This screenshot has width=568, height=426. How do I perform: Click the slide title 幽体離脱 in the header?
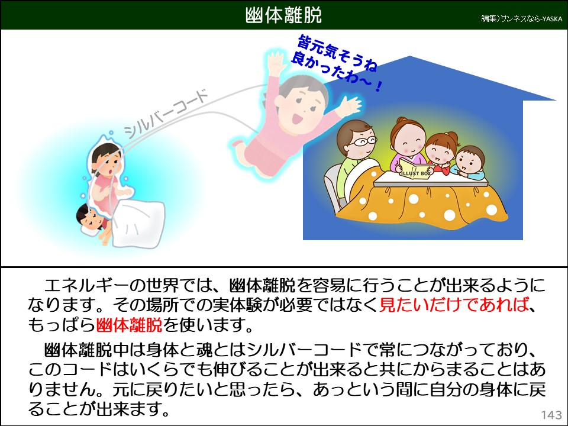[x=283, y=15]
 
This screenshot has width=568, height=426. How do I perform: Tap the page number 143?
[x=551, y=414]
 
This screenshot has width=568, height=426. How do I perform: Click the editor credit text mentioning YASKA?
[x=520, y=18]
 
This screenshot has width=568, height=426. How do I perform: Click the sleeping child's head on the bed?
[x=89, y=218]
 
